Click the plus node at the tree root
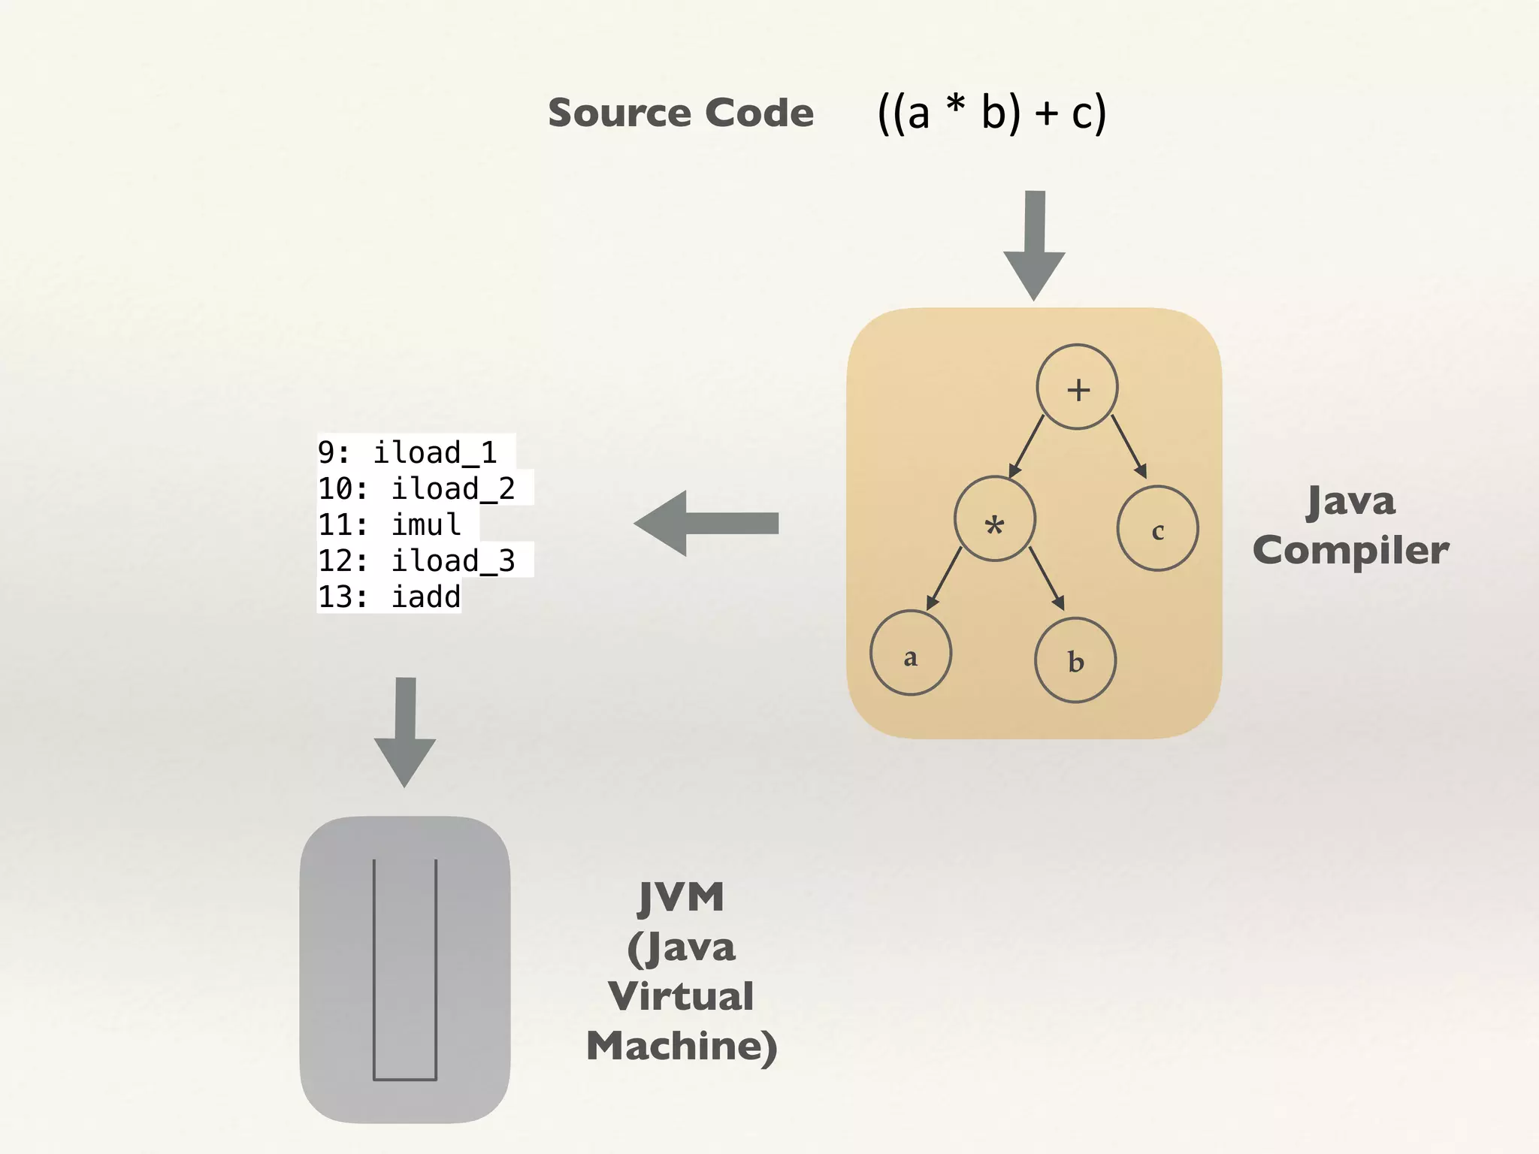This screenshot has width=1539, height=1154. tap(1077, 387)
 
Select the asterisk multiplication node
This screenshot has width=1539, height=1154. tap(994, 519)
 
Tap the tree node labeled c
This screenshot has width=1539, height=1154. tap(1157, 529)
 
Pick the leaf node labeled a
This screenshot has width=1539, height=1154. tap(911, 653)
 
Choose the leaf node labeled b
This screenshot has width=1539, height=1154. tap(1075, 660)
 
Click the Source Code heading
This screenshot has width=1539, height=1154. tap(680, 113)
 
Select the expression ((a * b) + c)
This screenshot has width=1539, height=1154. tap(992, 113)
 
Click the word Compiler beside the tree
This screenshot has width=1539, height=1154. tap(1350, 550)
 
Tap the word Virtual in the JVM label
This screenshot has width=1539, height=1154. tap(680, 996)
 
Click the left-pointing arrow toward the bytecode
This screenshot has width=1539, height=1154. tap(706, 523)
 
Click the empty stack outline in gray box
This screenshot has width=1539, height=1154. tap(405, 969)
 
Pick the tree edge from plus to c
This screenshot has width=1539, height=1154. tap(1129, 446)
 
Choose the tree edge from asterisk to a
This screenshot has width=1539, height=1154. tap(945, 579)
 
